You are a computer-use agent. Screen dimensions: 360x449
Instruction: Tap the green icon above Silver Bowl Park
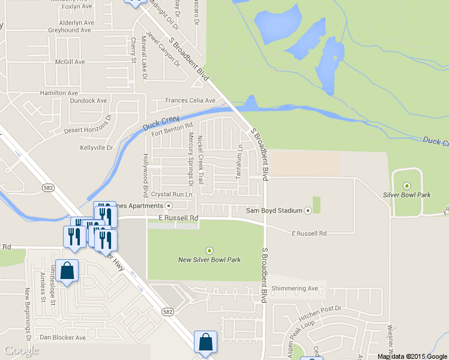click(x=407, y=185)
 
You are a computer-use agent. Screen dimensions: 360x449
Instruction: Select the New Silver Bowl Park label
click(x=209, y=260)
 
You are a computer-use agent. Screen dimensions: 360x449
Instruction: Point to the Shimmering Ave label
click(x=295, y=289)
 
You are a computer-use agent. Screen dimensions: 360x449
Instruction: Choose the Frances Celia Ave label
click(x=190, y=100)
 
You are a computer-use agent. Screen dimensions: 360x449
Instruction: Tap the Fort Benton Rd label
click(x=172, y=129)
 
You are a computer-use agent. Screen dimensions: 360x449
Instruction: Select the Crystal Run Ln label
click(x=172, y=194)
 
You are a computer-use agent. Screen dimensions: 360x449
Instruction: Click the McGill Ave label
click(x=70, y=62)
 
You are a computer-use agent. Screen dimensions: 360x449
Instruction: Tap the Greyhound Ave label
click(x=69, y=30)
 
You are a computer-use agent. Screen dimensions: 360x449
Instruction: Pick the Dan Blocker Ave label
click(x=62, y=338)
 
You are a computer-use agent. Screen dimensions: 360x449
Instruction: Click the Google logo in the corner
click(x=20, y=350)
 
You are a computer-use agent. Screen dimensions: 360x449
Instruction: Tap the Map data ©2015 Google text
click(x=412, y=356)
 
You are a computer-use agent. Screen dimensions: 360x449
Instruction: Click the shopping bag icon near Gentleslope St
click(x=68, y=271)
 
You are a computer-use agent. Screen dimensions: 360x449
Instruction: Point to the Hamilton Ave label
click(x=59, y=93)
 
